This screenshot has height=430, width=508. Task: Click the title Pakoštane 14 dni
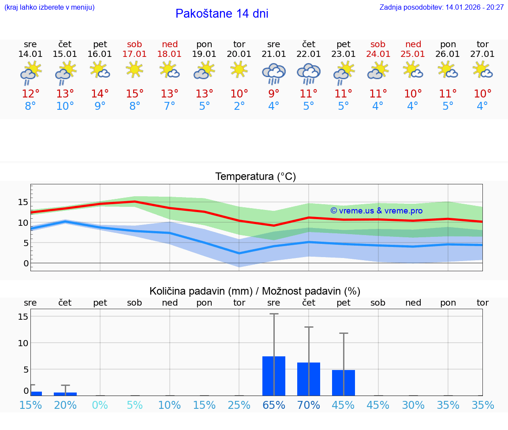click(222, 14)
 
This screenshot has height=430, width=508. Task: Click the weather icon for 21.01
click(274, 73)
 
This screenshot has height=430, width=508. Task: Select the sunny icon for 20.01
click(239, 70)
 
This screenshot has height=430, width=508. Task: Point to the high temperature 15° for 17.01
click(134, 94)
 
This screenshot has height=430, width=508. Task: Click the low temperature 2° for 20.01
click(239, 106)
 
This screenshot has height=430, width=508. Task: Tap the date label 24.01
click(378, 54)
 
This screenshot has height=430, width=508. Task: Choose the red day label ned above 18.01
click(170, 44)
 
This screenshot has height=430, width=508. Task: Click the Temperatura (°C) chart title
click(255, 177)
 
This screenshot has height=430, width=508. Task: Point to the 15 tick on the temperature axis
click(23, 202)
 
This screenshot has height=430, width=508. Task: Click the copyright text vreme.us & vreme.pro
click(377, 211)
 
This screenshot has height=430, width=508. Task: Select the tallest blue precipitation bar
click(274, 376)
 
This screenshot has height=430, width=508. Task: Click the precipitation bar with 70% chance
click(309, 379)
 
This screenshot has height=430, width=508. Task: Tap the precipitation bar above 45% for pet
click(344, 382)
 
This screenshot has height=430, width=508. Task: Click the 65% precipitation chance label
click(274, 405)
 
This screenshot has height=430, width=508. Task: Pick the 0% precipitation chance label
click(100, 405)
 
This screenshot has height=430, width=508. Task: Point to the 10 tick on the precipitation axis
click(23, 343)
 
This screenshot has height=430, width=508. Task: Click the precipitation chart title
click(255, 291)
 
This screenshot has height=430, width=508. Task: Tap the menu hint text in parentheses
click(49, 7)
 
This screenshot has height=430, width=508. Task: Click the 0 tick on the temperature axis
click(26, 263)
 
